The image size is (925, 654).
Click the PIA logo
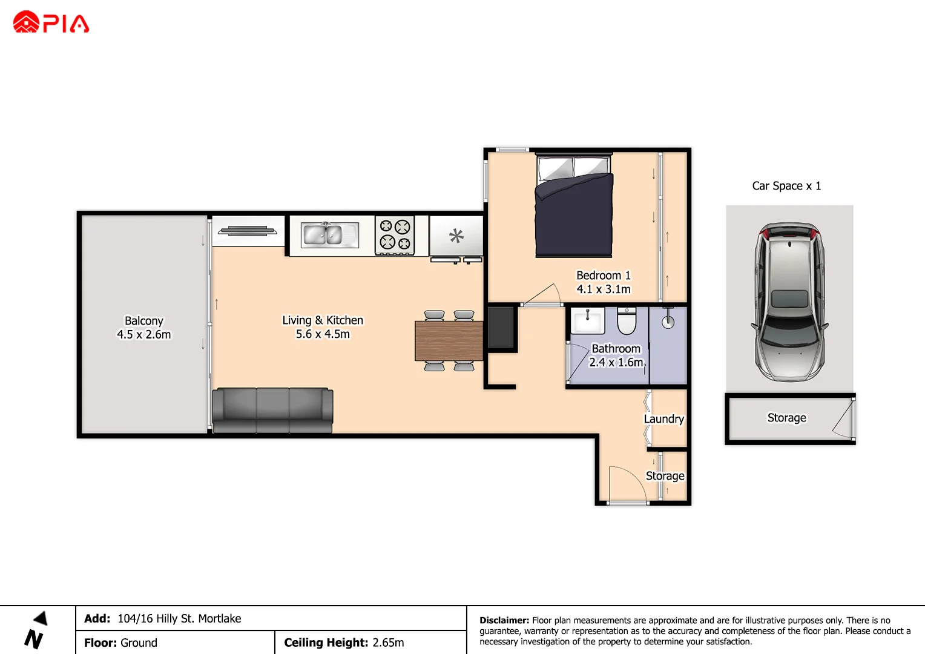[x=51, y=22]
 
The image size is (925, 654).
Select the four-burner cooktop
[x=395, y=235]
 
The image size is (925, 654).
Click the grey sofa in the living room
[x=272, y=410]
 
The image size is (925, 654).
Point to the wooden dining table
[x=449, y=341]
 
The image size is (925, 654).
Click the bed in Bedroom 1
[x=574, y=206]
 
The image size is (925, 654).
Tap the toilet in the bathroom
[x=627, y=320]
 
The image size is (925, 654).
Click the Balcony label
[x=144, y=320]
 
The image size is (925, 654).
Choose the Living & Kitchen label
[x=323, y=320]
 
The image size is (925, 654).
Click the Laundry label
[x=663, y=418]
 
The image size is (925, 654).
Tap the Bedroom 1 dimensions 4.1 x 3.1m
[x=604, y=289]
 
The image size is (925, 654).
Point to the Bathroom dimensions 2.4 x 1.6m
[x=616, y=362]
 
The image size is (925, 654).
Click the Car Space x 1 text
[x=786, y=186]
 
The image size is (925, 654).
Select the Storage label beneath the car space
[x=786, y=417]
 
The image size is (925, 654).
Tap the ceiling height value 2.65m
[x=388, y=642]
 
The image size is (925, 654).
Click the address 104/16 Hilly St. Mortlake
[x=179, y=618]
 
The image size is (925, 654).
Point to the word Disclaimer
[x=504, y=620]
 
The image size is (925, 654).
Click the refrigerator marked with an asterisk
[x=456, y=236]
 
